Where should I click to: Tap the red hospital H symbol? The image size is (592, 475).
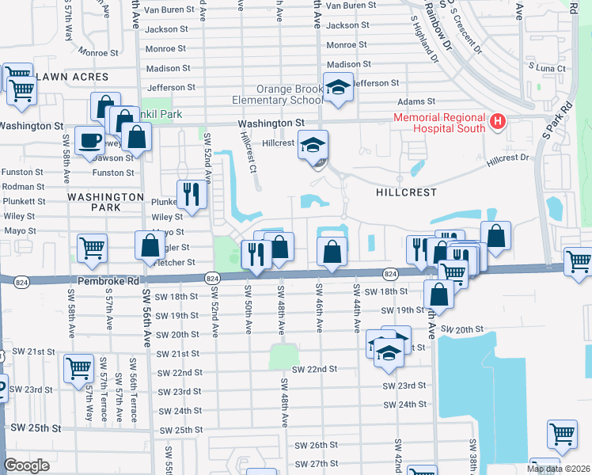(497, 121)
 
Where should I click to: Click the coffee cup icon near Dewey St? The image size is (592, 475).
(89, 141)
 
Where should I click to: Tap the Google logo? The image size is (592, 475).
(27, 465)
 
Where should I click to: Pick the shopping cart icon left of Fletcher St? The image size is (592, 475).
(92, 248)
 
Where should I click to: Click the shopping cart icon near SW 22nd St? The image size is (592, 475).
(79, 368)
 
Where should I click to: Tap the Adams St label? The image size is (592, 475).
(416, 101)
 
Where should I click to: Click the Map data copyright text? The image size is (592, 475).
(559, 469)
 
